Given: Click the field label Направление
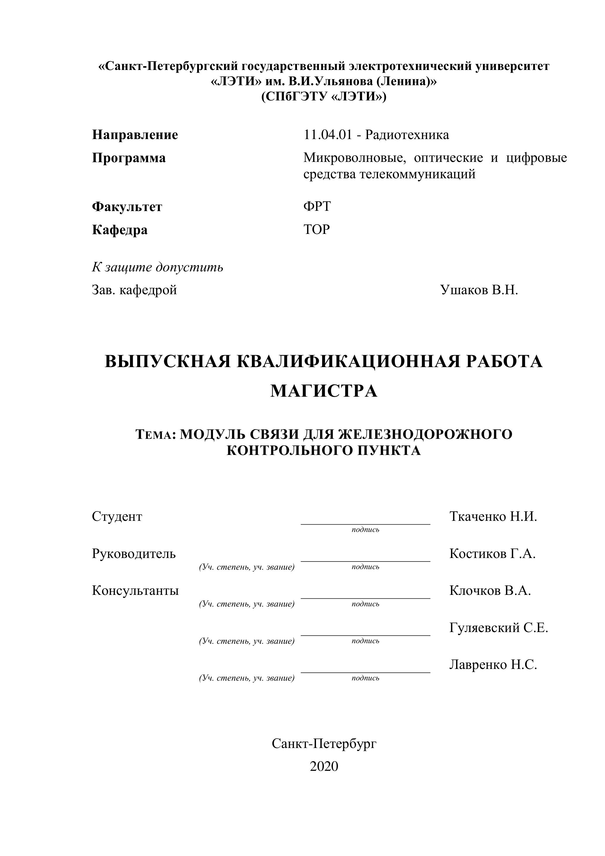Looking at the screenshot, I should [135, 135].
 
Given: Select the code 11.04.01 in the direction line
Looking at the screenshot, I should [328, 135].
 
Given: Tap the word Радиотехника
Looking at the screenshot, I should [407, 135].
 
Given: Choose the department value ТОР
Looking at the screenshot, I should [317, 230].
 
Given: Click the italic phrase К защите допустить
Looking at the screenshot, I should [158, 267].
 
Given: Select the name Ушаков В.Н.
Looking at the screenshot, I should [479, 290].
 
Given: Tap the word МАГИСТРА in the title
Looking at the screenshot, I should [324, 391].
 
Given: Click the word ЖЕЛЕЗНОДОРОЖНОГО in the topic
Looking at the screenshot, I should [425, 434].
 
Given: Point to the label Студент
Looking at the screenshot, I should [117, 517].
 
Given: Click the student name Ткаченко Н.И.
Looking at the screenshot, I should [493, 517].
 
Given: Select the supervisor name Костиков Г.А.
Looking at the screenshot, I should [492, 554].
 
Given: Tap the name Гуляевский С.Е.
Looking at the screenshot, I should [499, 628].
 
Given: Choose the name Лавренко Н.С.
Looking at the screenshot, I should [493, 665].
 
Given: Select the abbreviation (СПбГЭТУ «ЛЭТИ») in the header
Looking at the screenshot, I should [324, 97].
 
